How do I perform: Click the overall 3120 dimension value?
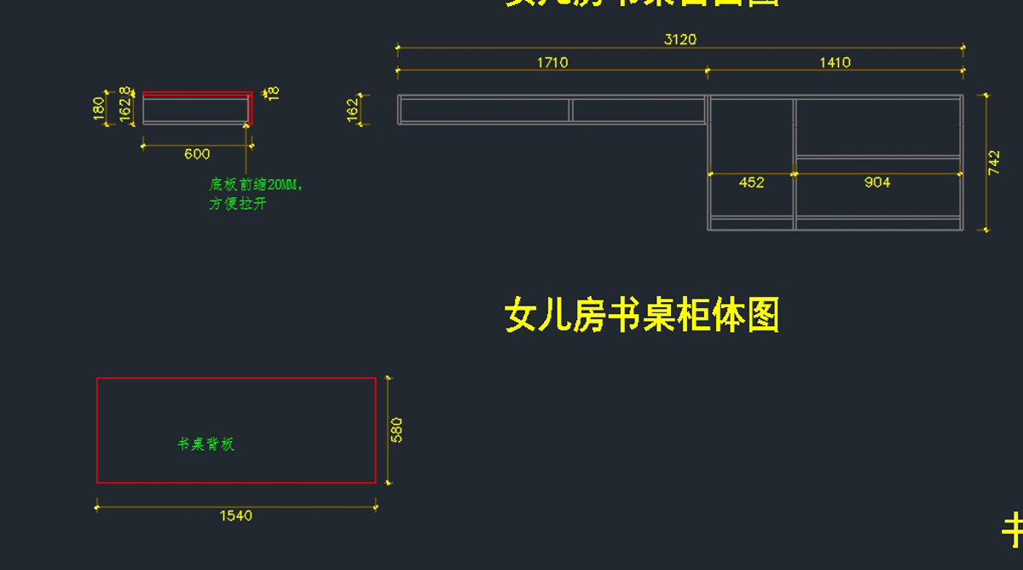[679, 39]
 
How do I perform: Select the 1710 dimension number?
[552, 62]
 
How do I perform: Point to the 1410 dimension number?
[835, 62]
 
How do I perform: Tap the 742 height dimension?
[994, 163]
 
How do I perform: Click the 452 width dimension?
[751, 183]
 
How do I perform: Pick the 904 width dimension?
[877, 183]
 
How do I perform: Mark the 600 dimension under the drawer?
[197, 154]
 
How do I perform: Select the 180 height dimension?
[99, 108]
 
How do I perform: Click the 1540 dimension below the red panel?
[236, 515]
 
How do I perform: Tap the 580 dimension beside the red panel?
[396, 429]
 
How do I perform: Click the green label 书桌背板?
[205, 445]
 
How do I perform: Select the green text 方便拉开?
[238, 204]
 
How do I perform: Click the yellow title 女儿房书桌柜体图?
[642, 315]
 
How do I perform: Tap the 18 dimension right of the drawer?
[273, 93]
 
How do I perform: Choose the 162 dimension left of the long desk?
[353, 110]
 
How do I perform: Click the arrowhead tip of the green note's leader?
[247, 125]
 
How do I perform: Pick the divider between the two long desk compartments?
[571, 110]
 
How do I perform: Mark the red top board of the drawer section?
[197, 95]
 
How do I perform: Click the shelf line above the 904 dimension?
[878, 157]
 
